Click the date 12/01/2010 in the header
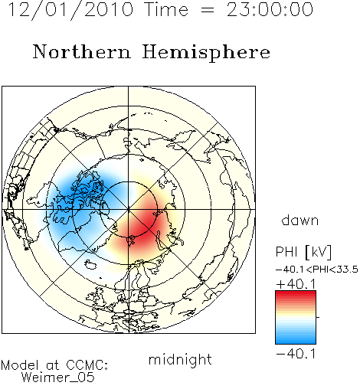[70, 10]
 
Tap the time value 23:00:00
[270, 10]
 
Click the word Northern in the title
[81, 52]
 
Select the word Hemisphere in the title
[206, 53]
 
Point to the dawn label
[299, 221]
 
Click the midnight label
[180, 360]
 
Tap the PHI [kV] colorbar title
[303, 252]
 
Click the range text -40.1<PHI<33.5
[317, 270]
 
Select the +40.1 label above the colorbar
[296, 284]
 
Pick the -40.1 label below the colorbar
[296, 354]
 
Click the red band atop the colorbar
[296, 296]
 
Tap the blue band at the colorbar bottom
[296, 339]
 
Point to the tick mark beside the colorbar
[318, 317]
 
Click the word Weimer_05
[58, 378]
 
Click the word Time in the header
[166, 10]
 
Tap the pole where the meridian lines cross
[129, 210]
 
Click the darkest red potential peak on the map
[144, 224]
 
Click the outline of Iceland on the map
[91, 264]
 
